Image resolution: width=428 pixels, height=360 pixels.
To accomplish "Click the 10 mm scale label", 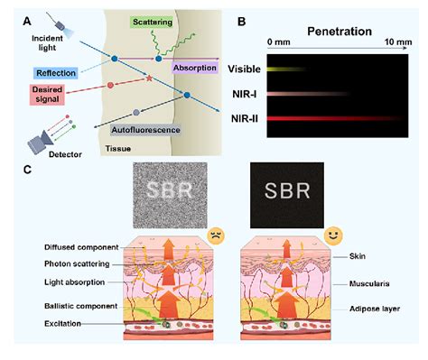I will click(x=398, y=43).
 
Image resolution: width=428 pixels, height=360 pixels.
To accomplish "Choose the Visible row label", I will click(x=243, y=69).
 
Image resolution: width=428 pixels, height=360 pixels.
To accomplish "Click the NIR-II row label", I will click(x=245, y=118).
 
